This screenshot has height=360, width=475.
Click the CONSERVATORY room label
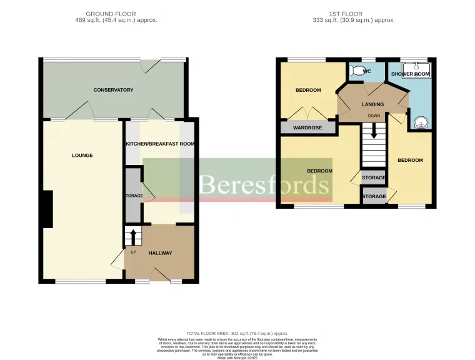tap(113, 90)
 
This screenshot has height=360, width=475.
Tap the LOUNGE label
tap(82, 155)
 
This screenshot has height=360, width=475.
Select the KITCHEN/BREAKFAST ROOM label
tap(160, 144)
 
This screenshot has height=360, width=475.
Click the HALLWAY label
tap(160, 253)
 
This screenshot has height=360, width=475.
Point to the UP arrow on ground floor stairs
tap(132, 237)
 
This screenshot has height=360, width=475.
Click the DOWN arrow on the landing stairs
tap(374, 131)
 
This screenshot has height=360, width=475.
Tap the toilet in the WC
tap(357, 71)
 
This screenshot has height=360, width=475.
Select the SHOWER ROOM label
tap(410, 74)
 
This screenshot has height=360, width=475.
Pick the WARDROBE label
tap(307, 128)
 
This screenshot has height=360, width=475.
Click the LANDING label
tap(372, 104)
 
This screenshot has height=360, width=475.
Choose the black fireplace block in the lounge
tap(47, 209)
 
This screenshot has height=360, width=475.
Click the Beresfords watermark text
tap(264, 186)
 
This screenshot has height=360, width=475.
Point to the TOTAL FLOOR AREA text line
tap(237, 334)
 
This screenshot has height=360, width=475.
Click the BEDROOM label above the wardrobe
tap(308, 90)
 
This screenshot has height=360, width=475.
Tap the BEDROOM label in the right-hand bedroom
tap(410, 160)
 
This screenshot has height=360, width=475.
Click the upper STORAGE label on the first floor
tap(374, 178)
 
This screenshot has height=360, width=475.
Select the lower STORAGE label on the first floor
tap(374, 197)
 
